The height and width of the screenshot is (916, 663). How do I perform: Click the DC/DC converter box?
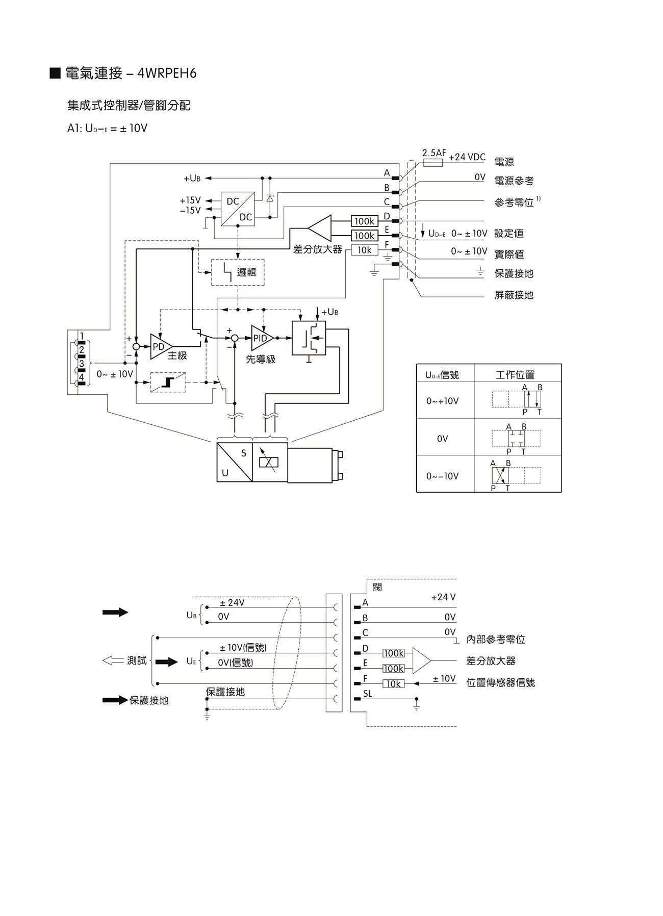pos(238,209)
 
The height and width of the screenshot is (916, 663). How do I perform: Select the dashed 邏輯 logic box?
pos(238,272)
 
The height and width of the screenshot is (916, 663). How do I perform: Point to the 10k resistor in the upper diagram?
pos(364,250)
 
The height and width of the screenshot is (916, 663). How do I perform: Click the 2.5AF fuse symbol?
pos(433,163)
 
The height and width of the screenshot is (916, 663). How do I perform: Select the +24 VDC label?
pos(467,157)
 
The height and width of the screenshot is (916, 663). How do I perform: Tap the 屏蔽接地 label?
pos(514,295)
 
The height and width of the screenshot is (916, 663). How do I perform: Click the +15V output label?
pos(190,200)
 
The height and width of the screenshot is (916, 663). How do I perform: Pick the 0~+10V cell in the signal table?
pos(442,401)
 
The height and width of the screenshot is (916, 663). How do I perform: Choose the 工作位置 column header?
pos(515,375)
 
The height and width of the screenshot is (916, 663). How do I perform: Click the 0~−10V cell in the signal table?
pos(442,476)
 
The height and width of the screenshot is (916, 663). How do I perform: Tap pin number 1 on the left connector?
pos(82,335)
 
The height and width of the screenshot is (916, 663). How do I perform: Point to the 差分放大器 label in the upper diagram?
pos(317,249)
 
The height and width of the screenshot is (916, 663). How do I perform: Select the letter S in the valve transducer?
pos(243,453)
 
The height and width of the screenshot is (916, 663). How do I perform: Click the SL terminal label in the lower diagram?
pos(367,694)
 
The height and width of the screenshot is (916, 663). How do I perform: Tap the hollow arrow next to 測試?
pos(113,660)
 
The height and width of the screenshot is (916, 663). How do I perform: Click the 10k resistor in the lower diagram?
pos(393,684)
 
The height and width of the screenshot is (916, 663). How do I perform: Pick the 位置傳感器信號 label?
pos(500,682)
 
